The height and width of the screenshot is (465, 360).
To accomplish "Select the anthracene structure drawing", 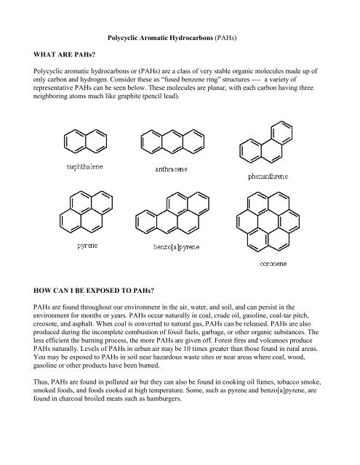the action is (172, 138).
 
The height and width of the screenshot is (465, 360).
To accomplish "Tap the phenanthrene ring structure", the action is (260, 138).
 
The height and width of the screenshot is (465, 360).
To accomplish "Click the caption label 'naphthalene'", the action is (86, 166).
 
